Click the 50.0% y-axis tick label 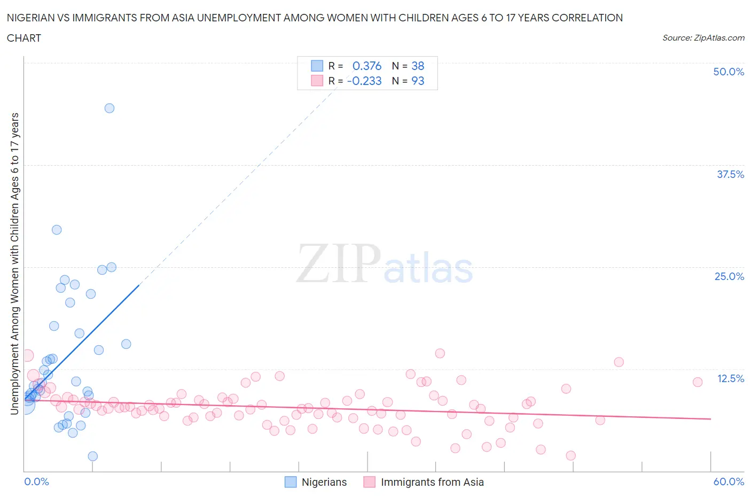point(729,72)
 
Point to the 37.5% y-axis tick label point(730,174)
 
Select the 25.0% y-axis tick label point(729,276)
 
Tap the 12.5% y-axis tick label point(730,378)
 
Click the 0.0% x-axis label point(36,482)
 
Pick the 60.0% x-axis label point(729,482)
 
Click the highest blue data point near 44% point(109,108)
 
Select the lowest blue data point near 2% point(92,456)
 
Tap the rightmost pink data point point(698,382)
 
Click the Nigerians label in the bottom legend point(324,482)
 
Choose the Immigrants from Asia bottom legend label point(432,482)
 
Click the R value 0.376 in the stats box point(367,66)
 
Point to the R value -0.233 point(364,81)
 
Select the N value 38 point(418,66)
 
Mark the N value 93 point(418,81)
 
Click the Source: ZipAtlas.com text point(703,37)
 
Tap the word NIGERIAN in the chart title point(31,18)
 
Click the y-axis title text point(14,263)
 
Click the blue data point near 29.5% point(57,230)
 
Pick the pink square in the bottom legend point(369,482)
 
